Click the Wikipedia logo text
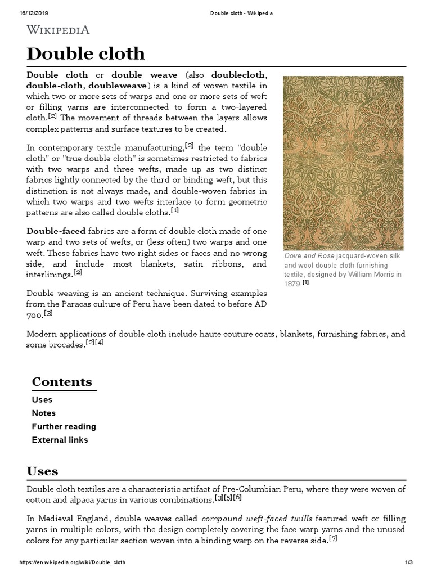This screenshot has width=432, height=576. click(x=58, y=29)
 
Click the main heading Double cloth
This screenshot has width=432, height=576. click(x=85, y=53)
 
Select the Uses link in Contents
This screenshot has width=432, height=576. click(x=42, y=399)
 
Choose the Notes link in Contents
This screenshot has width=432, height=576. click(x=44, y=413)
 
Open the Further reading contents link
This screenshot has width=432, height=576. click(x=64, y=426)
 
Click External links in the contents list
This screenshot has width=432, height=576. click(x=60, y=440)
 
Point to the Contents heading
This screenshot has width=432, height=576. click(x=62, y=381)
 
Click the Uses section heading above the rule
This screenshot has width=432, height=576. click(x=42, y=471)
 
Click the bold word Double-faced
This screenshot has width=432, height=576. click(x=56, y=232)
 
